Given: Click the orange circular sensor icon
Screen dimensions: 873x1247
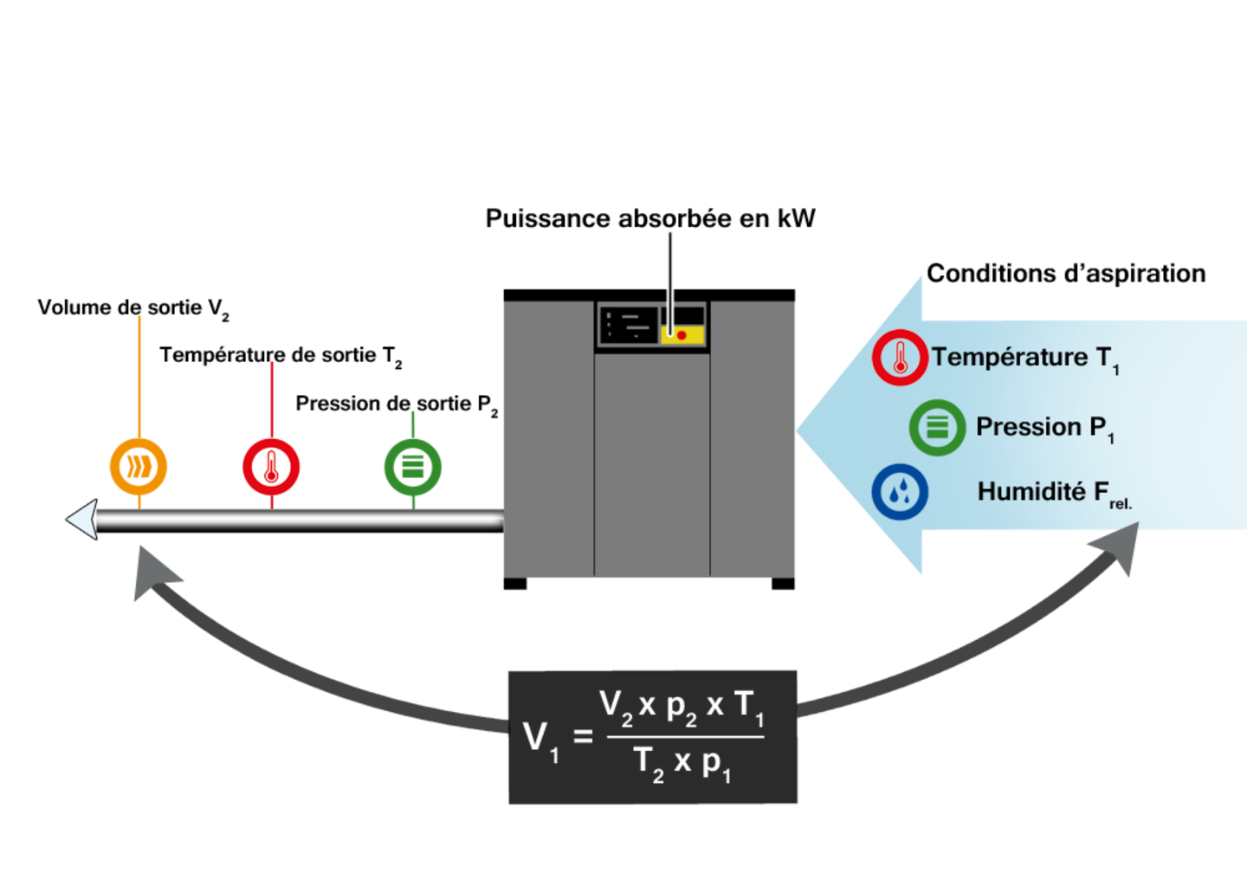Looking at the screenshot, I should (139, 467).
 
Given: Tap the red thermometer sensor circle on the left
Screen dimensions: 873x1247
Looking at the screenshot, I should (271, 468).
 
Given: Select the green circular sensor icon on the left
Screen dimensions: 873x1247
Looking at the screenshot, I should (413, 467).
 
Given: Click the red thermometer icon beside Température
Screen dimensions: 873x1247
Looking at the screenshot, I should (900, 357).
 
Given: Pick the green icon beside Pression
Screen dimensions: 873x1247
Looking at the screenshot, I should (937, 427).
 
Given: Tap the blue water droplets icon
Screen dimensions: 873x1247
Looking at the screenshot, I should (900, 492).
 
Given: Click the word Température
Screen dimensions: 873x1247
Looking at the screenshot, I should (1010, 357).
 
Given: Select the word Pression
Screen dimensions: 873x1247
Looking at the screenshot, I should (1029, 427).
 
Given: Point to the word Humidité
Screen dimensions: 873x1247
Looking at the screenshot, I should (1031, 492).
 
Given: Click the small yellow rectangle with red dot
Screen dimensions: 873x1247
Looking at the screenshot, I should (682, 335).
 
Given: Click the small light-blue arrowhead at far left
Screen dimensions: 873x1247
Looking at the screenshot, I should (83, 519).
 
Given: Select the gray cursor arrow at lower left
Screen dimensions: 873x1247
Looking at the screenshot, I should (153, 572).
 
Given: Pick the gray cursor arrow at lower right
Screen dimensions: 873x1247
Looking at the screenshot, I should (1116, 548).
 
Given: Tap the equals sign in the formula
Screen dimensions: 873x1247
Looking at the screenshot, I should (583, 737).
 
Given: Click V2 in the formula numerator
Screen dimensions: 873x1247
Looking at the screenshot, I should (616, 707).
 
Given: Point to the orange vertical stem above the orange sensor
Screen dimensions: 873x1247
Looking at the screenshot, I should (139, 372).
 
